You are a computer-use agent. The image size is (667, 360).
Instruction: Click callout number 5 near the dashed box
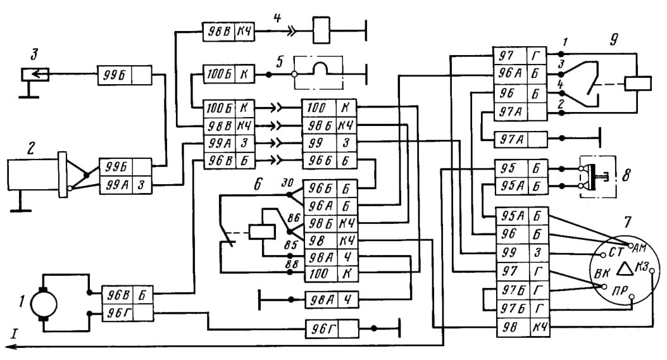point(279,62)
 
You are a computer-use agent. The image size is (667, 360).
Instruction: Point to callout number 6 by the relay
point(258,184)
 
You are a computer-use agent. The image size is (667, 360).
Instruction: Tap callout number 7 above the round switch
point(627,221)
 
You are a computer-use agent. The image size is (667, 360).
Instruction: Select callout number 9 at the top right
point(614,40)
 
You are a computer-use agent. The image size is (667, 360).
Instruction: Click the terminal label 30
point(287,183)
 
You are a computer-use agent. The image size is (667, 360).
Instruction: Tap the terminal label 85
point(291,245)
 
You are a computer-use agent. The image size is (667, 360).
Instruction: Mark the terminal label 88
point(291,263)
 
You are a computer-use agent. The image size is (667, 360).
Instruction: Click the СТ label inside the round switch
point(616,252)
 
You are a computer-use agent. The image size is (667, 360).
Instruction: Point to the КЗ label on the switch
point(642,266)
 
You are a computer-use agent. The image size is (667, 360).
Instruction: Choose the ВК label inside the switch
point(602,273)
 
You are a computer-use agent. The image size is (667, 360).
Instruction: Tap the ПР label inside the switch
point(620,291)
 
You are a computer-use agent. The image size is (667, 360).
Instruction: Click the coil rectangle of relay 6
point(262,232)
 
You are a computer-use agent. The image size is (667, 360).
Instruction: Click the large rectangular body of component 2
point(33,175)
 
